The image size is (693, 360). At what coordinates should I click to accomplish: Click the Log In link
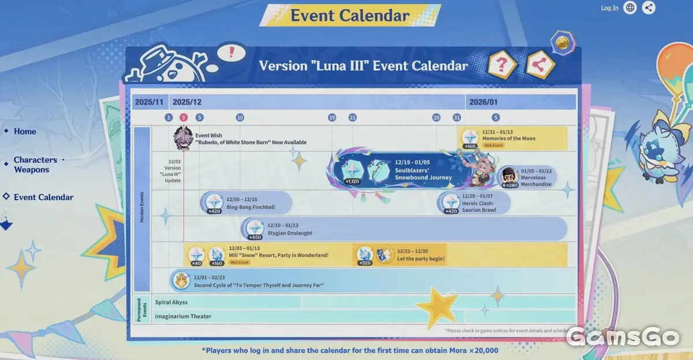(609, 8)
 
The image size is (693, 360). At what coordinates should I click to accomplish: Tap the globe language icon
(630, 8)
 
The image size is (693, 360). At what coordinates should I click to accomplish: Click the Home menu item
(25, 132)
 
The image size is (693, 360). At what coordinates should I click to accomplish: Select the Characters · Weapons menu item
(35, 165)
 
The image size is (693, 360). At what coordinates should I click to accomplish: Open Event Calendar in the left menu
(43, 197)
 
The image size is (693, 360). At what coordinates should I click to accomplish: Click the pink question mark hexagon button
(502, 65)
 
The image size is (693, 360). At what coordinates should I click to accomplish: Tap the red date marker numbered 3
(184, 117)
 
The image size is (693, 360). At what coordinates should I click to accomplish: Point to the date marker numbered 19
(332, 117)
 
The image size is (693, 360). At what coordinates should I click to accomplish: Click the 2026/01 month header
(483, 102)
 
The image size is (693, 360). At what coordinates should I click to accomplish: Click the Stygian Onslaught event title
(289, 233)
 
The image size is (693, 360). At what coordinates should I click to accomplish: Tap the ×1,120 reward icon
(352, 170)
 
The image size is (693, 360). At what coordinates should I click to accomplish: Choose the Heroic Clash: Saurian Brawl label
(479, 206)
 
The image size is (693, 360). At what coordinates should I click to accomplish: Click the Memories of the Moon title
(509, 139)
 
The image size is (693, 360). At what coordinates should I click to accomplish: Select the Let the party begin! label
(421, 258)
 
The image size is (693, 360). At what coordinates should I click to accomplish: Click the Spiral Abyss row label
(171, 302)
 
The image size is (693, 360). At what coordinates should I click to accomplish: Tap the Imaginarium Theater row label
(182, 316)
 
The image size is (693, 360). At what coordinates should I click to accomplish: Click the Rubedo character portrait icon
(183, 138)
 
